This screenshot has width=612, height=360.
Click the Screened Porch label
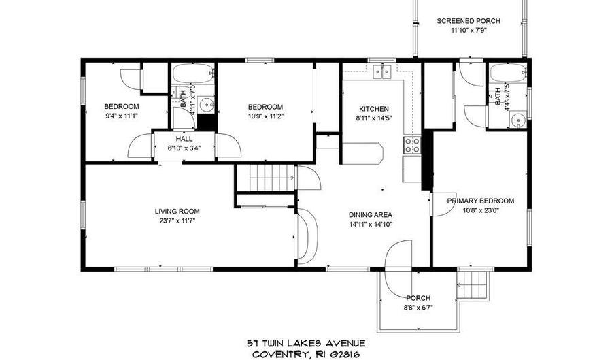[468, 21]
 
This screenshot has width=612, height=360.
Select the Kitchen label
[373, 109]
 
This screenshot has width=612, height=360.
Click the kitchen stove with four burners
[412, 144]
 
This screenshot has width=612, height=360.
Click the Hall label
[184, 139]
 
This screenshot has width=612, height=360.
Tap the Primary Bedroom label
[480, 201]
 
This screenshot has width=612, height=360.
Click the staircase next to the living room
[271, 180]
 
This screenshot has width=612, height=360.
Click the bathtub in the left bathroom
[192, 73]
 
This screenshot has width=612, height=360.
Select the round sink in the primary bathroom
[519, 120]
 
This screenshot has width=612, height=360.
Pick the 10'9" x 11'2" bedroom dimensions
[265, 116]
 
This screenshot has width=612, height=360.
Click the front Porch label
[418, 298]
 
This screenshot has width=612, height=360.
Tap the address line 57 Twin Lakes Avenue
[305, 343]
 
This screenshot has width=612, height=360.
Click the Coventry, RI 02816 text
[305, 354]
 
